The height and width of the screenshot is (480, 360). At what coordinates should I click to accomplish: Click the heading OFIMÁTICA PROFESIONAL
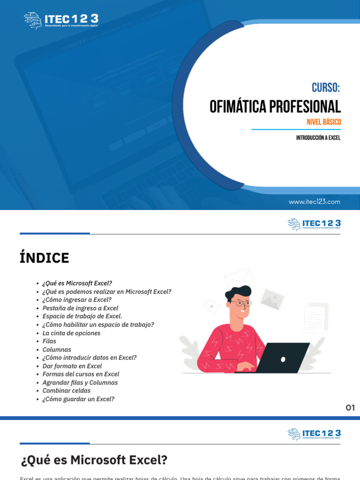coord(275,107)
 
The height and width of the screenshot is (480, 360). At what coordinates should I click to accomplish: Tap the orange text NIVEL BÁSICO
coord(323,122)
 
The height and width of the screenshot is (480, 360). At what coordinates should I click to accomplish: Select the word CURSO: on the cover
coord(326,88)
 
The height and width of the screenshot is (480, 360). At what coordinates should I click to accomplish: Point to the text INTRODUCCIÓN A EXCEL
coord(318,138)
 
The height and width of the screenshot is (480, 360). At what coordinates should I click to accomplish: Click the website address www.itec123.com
coord(315,202)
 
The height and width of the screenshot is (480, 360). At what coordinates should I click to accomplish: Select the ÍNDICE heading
coord(44,258)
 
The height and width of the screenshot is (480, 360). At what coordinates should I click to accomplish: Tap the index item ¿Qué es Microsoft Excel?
coord(77,283)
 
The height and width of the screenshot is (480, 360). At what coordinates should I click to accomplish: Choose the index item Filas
coord(49,341)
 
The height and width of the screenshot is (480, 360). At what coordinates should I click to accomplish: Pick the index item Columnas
coord(57,350)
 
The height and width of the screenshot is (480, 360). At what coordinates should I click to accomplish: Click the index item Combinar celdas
coord(67,390)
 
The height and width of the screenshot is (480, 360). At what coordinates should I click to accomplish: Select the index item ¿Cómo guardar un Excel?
coord(78,399)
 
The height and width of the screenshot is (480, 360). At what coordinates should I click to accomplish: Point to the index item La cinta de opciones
coord(71,333)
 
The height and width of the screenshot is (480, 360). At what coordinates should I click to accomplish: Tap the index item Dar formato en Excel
coord(72,366)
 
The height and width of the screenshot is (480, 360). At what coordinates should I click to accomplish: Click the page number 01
coord(350,408)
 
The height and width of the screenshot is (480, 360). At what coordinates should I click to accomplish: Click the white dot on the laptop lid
coord(283,360)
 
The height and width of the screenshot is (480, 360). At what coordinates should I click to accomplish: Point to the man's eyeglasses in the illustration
coord(242,304)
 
